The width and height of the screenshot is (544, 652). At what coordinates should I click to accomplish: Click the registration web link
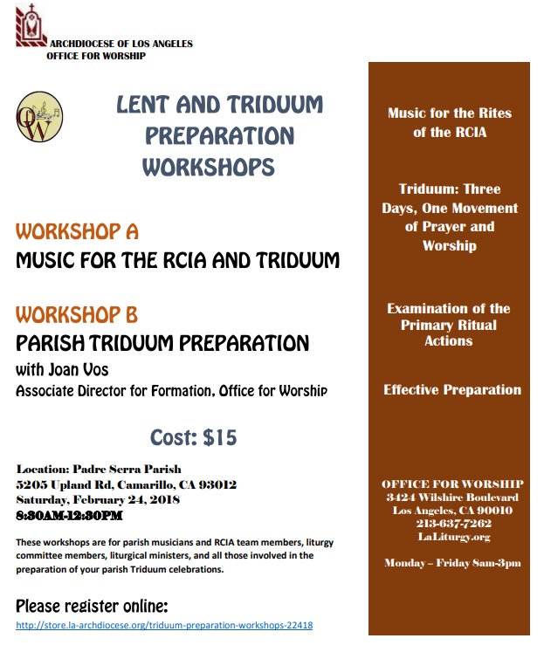pyautogui.click(x=165, y=626)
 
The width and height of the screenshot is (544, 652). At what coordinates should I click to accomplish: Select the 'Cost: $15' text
pyautogui.click(x=193, y=436)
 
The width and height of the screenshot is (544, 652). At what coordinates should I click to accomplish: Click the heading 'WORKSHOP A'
pyautogui.click(x=77, y=232)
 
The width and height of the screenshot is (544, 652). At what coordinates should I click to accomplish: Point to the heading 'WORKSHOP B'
pyautogui.click(x=77, y=314)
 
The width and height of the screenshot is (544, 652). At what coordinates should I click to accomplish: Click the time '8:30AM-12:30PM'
pyautogui.click(x=69, y=515)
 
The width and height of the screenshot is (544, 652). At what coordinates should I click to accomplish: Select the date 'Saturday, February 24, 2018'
pyautogui.click(x=98, y=499)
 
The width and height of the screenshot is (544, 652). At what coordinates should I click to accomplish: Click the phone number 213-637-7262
pyautogui.click(x=452, y=524)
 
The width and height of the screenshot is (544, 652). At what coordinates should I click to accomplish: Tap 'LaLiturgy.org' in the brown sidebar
pyautogui.click(x=452, y=537)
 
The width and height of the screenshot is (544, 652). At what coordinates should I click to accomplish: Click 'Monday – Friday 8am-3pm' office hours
pyautogui.click(x=452, y=563)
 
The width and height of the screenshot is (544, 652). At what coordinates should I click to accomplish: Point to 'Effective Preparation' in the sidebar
pyautogui.click(x=452, y=390)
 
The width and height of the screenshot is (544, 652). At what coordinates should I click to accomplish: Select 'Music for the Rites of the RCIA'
pyautogui.click(x=450, y=123)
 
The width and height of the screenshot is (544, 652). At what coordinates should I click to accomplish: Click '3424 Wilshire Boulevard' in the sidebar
pyautogui.click(x=452, y=497)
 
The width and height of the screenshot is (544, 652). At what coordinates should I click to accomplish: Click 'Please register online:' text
pyautogui.click(x=92, y=606)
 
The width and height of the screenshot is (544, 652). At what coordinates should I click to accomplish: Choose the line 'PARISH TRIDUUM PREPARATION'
pyautogui.click(x=162, y=342)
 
